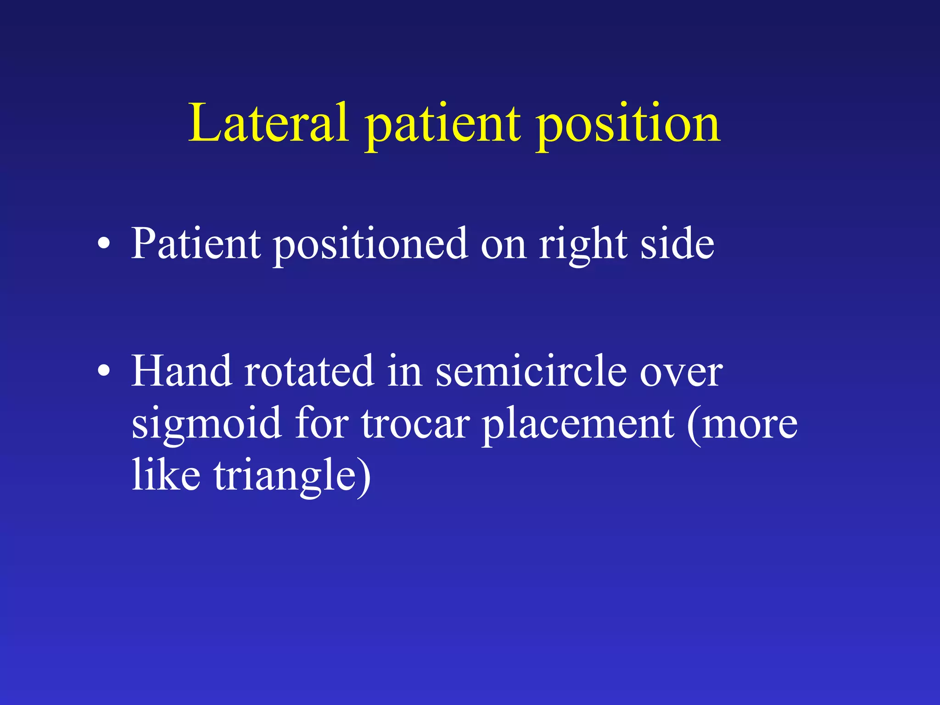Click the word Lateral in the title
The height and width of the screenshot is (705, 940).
point(269,123)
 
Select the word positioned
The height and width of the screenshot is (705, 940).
point(371,246)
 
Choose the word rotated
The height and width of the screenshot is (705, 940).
point(308,372)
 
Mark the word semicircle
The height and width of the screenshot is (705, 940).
point(531,372)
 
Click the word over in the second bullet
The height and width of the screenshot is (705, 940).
point(681,374)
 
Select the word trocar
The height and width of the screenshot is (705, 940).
point(415,425)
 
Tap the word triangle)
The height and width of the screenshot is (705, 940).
point(292,476)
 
